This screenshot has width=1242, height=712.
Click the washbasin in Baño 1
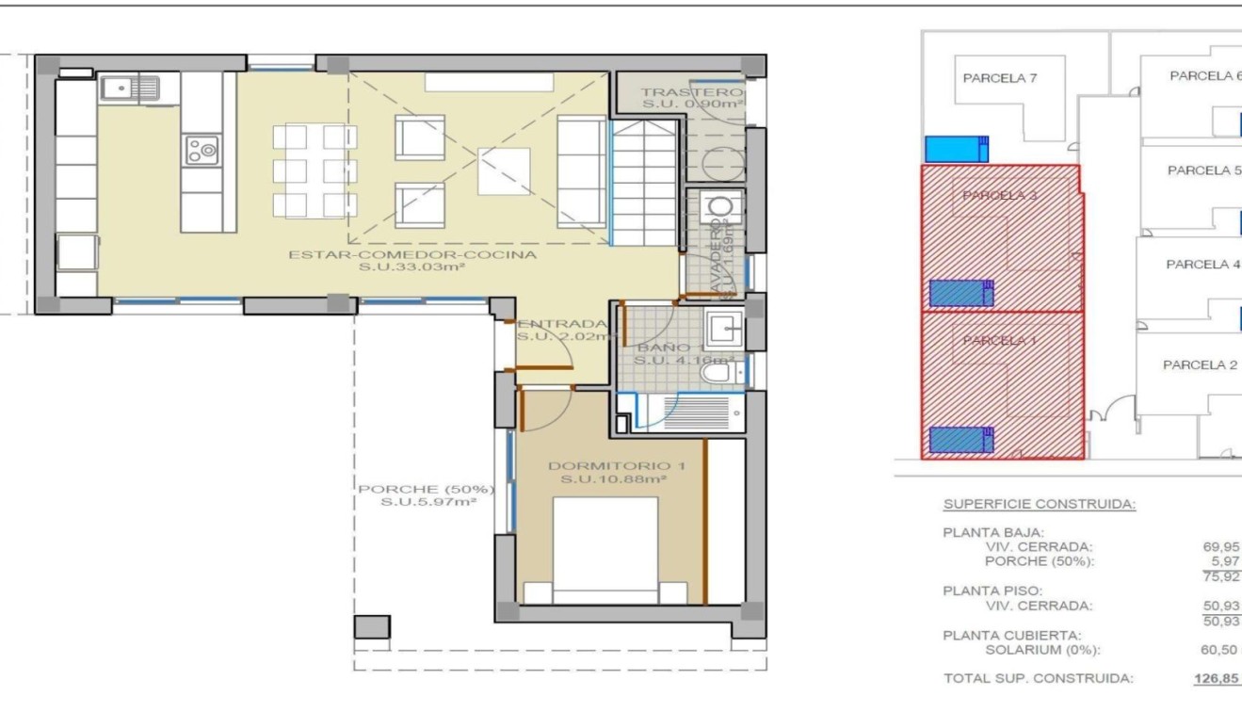point(725,330)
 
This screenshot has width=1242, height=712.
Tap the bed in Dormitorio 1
point(605,551)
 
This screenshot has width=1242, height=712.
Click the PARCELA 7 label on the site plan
point(999,78)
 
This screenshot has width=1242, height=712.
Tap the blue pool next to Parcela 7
point(957,149)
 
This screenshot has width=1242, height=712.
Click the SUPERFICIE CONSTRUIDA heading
point(1039,504)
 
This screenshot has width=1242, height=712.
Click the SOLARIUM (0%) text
point(1042,650)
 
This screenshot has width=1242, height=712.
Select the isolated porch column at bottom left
point(371,627)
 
